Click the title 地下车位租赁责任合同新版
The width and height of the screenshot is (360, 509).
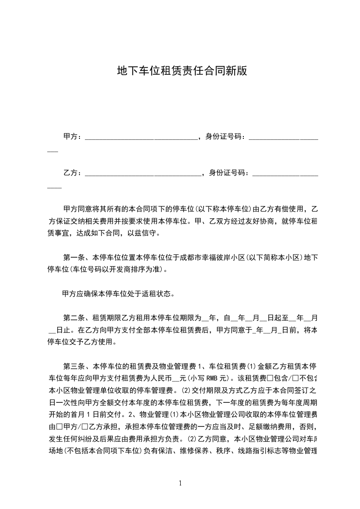[182, 71]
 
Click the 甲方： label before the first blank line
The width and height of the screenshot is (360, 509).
[72, 136]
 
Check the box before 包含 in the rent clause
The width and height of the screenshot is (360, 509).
[270, 378]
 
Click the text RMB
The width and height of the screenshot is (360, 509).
[227, 378]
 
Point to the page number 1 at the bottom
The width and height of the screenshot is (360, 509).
[180, 483]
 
